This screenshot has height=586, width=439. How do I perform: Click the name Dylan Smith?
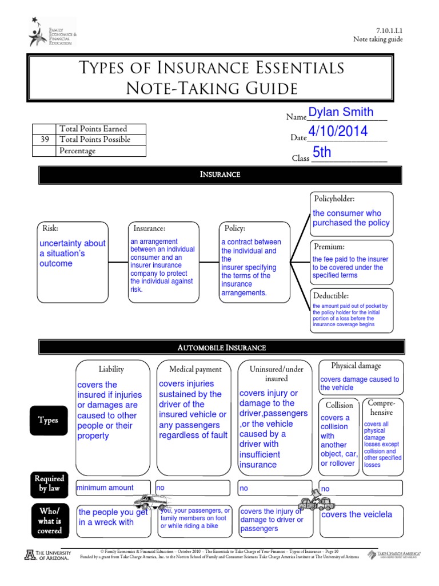click(x=341, y=112)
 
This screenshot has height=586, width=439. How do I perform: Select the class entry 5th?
click(x=322, y=153)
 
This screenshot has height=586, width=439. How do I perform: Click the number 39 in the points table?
click(x=45, y=140)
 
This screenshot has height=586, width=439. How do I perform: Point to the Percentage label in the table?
click(x=77, y=151)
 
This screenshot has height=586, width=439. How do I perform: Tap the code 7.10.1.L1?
click(x=389, y=30)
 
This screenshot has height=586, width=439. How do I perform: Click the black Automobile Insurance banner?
click(x=220, y=347)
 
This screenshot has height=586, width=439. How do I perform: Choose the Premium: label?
click(x=329, y=247)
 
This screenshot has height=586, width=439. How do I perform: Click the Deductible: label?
click(x=331, y=296)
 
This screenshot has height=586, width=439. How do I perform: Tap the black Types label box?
click(x=48, y=420)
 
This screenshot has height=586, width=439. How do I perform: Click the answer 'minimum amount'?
click(x=105, y=488)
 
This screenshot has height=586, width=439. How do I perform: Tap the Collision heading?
click(x=339, y=405)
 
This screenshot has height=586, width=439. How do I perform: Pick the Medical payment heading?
click(x=195, y=369)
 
